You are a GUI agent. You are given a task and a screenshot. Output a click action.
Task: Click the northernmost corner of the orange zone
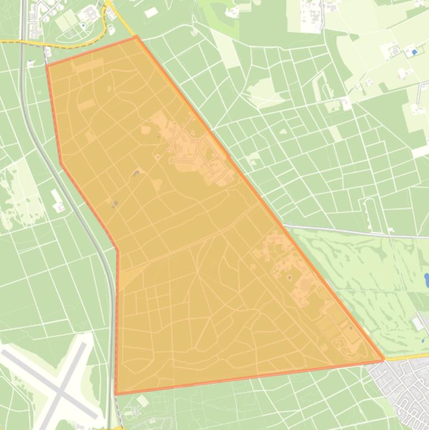pos(136,37)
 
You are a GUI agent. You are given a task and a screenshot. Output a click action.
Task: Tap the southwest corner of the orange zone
pos(116,394)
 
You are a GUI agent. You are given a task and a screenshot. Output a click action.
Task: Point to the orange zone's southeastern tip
pos(384,360)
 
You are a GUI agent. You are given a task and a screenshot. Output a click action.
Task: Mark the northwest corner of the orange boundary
pos(47,65)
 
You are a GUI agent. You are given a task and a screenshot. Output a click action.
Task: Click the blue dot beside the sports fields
pos(83,25)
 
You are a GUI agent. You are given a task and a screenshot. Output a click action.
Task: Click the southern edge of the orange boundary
pos(251,377)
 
